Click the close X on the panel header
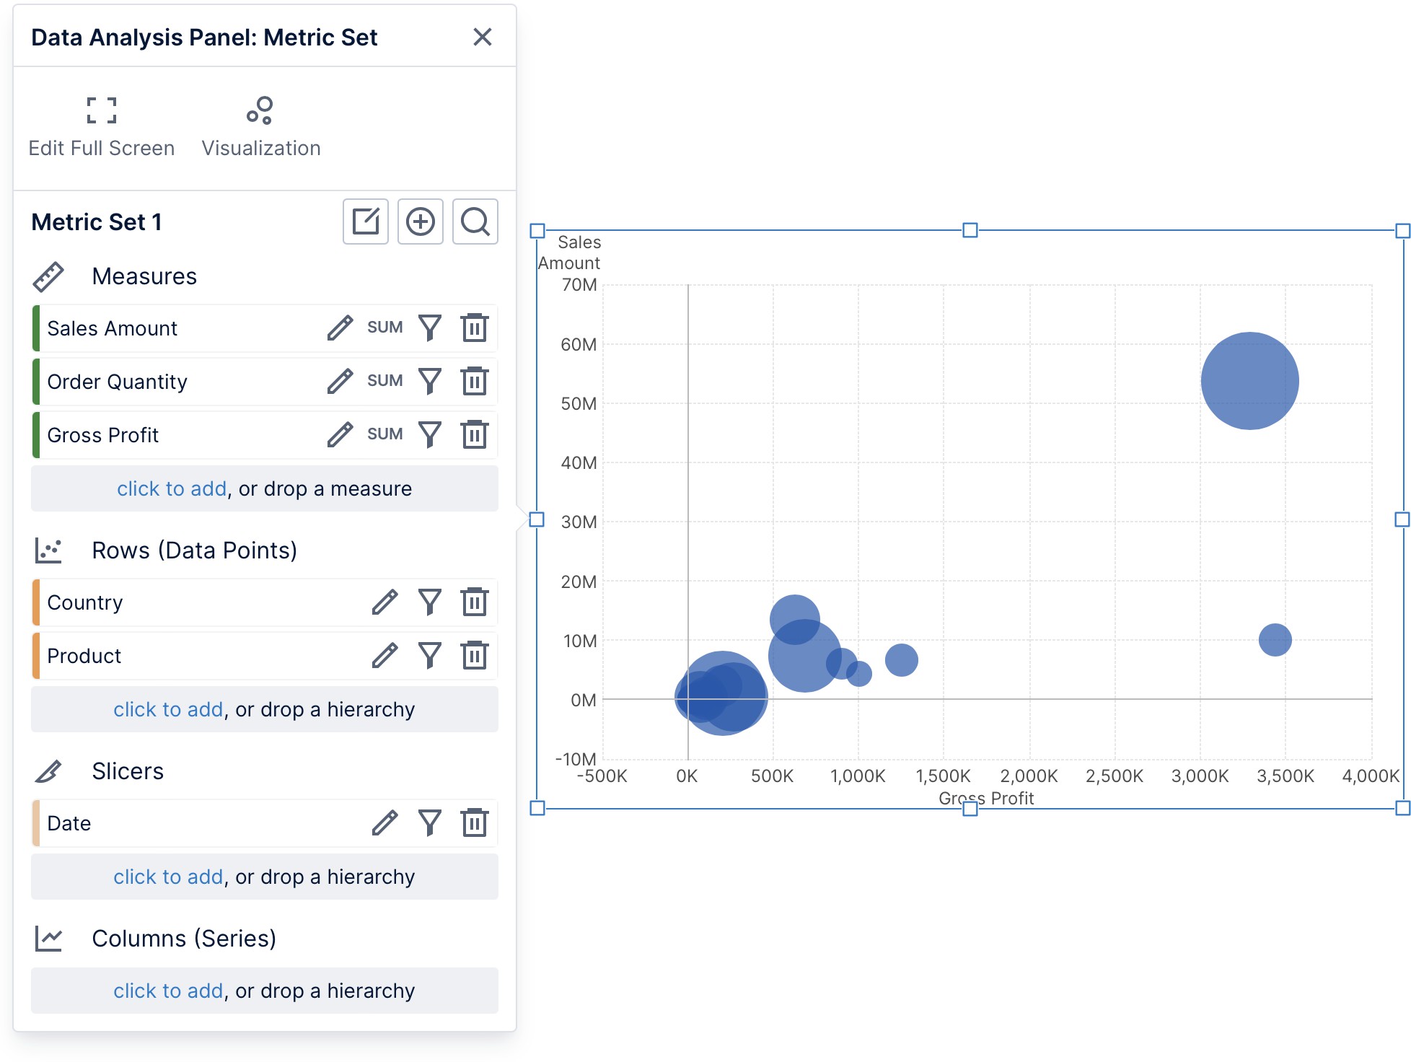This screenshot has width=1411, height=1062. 482,37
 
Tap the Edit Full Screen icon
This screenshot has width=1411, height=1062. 101,110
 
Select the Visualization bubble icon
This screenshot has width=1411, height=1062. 260,110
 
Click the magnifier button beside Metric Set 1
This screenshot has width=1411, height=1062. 475,221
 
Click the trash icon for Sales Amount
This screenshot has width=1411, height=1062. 474,328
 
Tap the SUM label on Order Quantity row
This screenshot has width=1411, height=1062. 384,381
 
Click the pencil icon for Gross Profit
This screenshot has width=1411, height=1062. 340,434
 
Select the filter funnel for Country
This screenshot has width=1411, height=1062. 430,602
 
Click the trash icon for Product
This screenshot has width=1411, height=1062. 474,655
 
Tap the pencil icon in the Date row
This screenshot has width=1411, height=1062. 384,822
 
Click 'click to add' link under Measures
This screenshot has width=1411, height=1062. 172,488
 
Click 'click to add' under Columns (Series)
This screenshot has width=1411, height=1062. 168,991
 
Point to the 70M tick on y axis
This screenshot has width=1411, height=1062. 579,285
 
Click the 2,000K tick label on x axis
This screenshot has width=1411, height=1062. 1029,776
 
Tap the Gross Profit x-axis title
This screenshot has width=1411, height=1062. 985,798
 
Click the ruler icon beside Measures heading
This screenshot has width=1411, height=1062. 48,277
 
